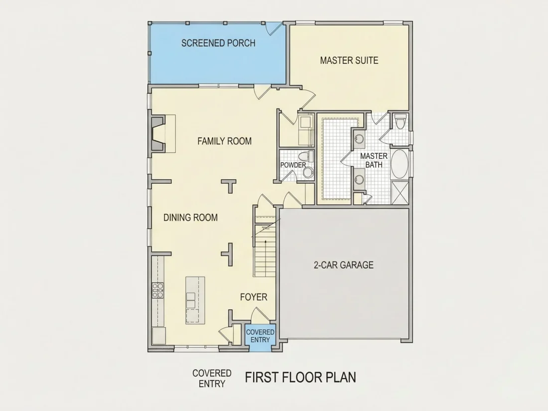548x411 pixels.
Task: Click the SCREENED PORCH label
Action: [x=218, y=43]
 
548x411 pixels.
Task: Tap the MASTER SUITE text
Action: [x=349, y=60]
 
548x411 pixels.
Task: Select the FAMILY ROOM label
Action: [x=224, y=141]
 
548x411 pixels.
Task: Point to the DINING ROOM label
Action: [x=190, y=217]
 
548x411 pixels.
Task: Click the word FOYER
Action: [x=254, y=297]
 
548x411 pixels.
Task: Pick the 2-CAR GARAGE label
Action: [x=344, y=265]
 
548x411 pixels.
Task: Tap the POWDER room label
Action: [x=293, y=165]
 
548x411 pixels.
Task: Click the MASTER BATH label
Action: [x=374, y=160]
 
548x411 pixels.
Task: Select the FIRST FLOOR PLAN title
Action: [x=300, y=378]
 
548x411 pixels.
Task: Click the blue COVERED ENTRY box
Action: [x=260, y=335]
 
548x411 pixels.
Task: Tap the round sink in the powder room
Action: [x=307, y=172]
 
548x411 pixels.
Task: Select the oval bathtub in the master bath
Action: [x=399, y=164]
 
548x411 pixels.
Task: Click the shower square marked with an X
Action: [x=399, y=193]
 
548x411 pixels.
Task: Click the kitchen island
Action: [x=195, y=300]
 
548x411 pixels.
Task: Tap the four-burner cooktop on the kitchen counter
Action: [x=158, y=290]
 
